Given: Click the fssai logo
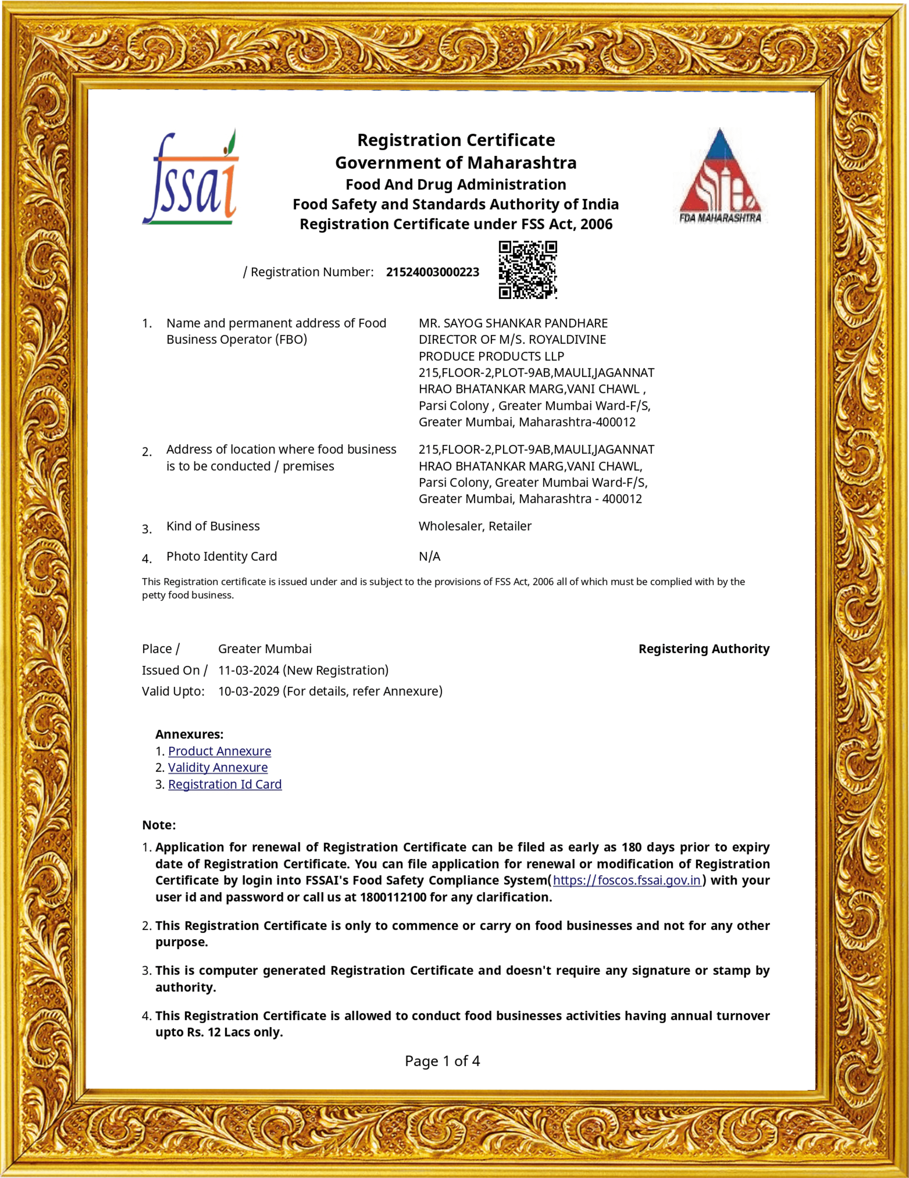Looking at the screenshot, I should (x=190, y=178).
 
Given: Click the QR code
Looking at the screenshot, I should (x=527, y=270).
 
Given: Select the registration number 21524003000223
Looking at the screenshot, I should (x=432, y=272).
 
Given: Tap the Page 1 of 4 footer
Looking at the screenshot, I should (x=442, y=1061).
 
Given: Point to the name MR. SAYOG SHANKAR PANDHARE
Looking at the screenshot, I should (x=513, y=323).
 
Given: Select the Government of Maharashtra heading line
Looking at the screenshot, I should (x=455, y=162).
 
